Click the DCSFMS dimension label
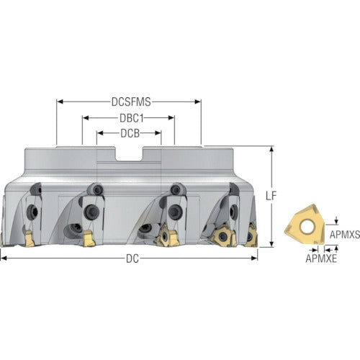pos(131,102)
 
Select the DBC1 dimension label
pos(132,118)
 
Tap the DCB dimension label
pos(130,133)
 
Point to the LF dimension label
pos(271,196)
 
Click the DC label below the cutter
pos(132,258)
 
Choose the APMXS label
pos(345,235)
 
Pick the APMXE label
pos(321,258)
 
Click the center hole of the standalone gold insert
pos(306,227)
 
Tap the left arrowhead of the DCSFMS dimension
pos(60,102)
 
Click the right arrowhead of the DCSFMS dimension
pos(198,102)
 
